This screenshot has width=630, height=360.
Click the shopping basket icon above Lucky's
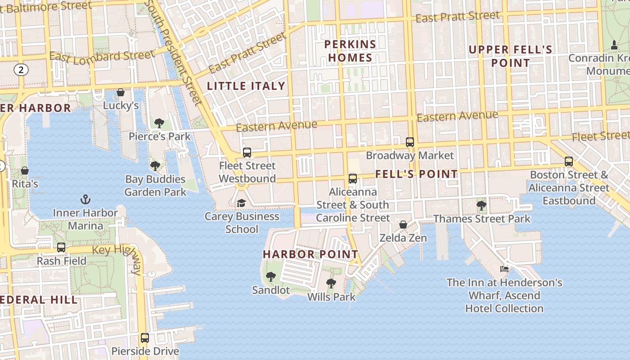[x=121, y=92]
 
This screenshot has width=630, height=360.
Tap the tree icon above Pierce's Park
[x=159, y=123]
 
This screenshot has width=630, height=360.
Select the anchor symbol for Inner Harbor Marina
[x=85, y=199]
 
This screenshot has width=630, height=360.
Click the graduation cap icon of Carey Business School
[x=242, y=203]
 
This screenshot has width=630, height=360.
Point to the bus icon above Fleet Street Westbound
[x=247, y=152]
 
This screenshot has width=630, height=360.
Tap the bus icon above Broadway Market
[x=410, y=142]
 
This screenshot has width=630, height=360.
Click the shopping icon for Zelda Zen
[x=403, y=224]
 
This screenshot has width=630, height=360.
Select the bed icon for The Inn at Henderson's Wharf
[x=504, y=269]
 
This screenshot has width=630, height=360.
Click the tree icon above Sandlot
[x=270, y=277]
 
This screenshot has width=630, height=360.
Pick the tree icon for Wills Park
[x=331, y=283]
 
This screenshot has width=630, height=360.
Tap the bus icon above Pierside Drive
[x=145, y=337]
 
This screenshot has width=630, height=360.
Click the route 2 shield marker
[x=21, y=69]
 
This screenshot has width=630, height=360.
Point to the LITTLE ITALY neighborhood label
[x=246, y=86]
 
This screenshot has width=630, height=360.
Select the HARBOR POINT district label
[x=310, y=254]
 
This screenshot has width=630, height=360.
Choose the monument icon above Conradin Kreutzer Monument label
[x=614, y=45]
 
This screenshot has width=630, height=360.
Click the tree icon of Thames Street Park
[x=481, y=206]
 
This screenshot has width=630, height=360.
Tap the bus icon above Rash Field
[x=61, y=247]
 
